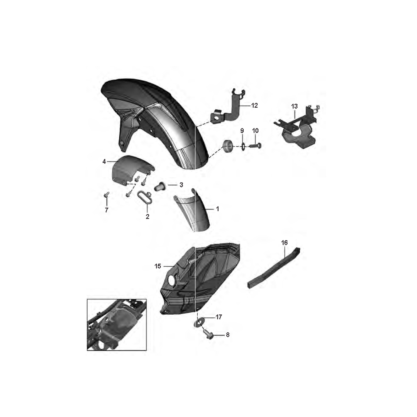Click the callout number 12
click(x=254, y=105)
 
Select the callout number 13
click(x=294, y=107)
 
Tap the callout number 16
click(x=284, y=242)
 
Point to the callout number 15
click(x=158, y=266)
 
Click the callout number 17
click(x=219, y=317)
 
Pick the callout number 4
click(x=104, y=161)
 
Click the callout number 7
click(x=107, y=210)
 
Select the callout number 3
click(x=181, y=185)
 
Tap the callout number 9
click(x=242, y=131)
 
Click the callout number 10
click(x=255, y=131)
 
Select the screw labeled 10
click(x=255, y=146)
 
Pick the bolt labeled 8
click(x=209, y=334)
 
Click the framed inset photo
click(x=117, y=325)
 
